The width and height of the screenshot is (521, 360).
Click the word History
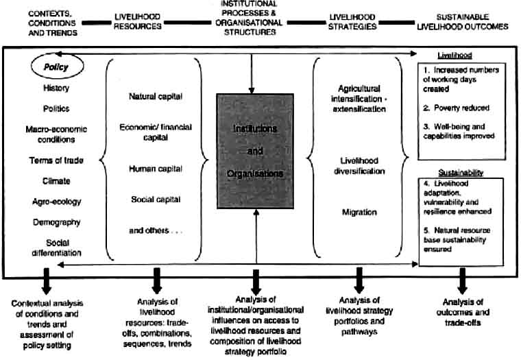click(57, 88)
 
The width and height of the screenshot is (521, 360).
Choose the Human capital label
click(156, 167)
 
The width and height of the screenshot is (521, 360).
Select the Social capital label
click(156, 200)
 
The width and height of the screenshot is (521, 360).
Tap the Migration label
click(360, 213)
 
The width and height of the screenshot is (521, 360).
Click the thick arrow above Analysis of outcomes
click(463, 280)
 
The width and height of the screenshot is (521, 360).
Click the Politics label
click(56, 108)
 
